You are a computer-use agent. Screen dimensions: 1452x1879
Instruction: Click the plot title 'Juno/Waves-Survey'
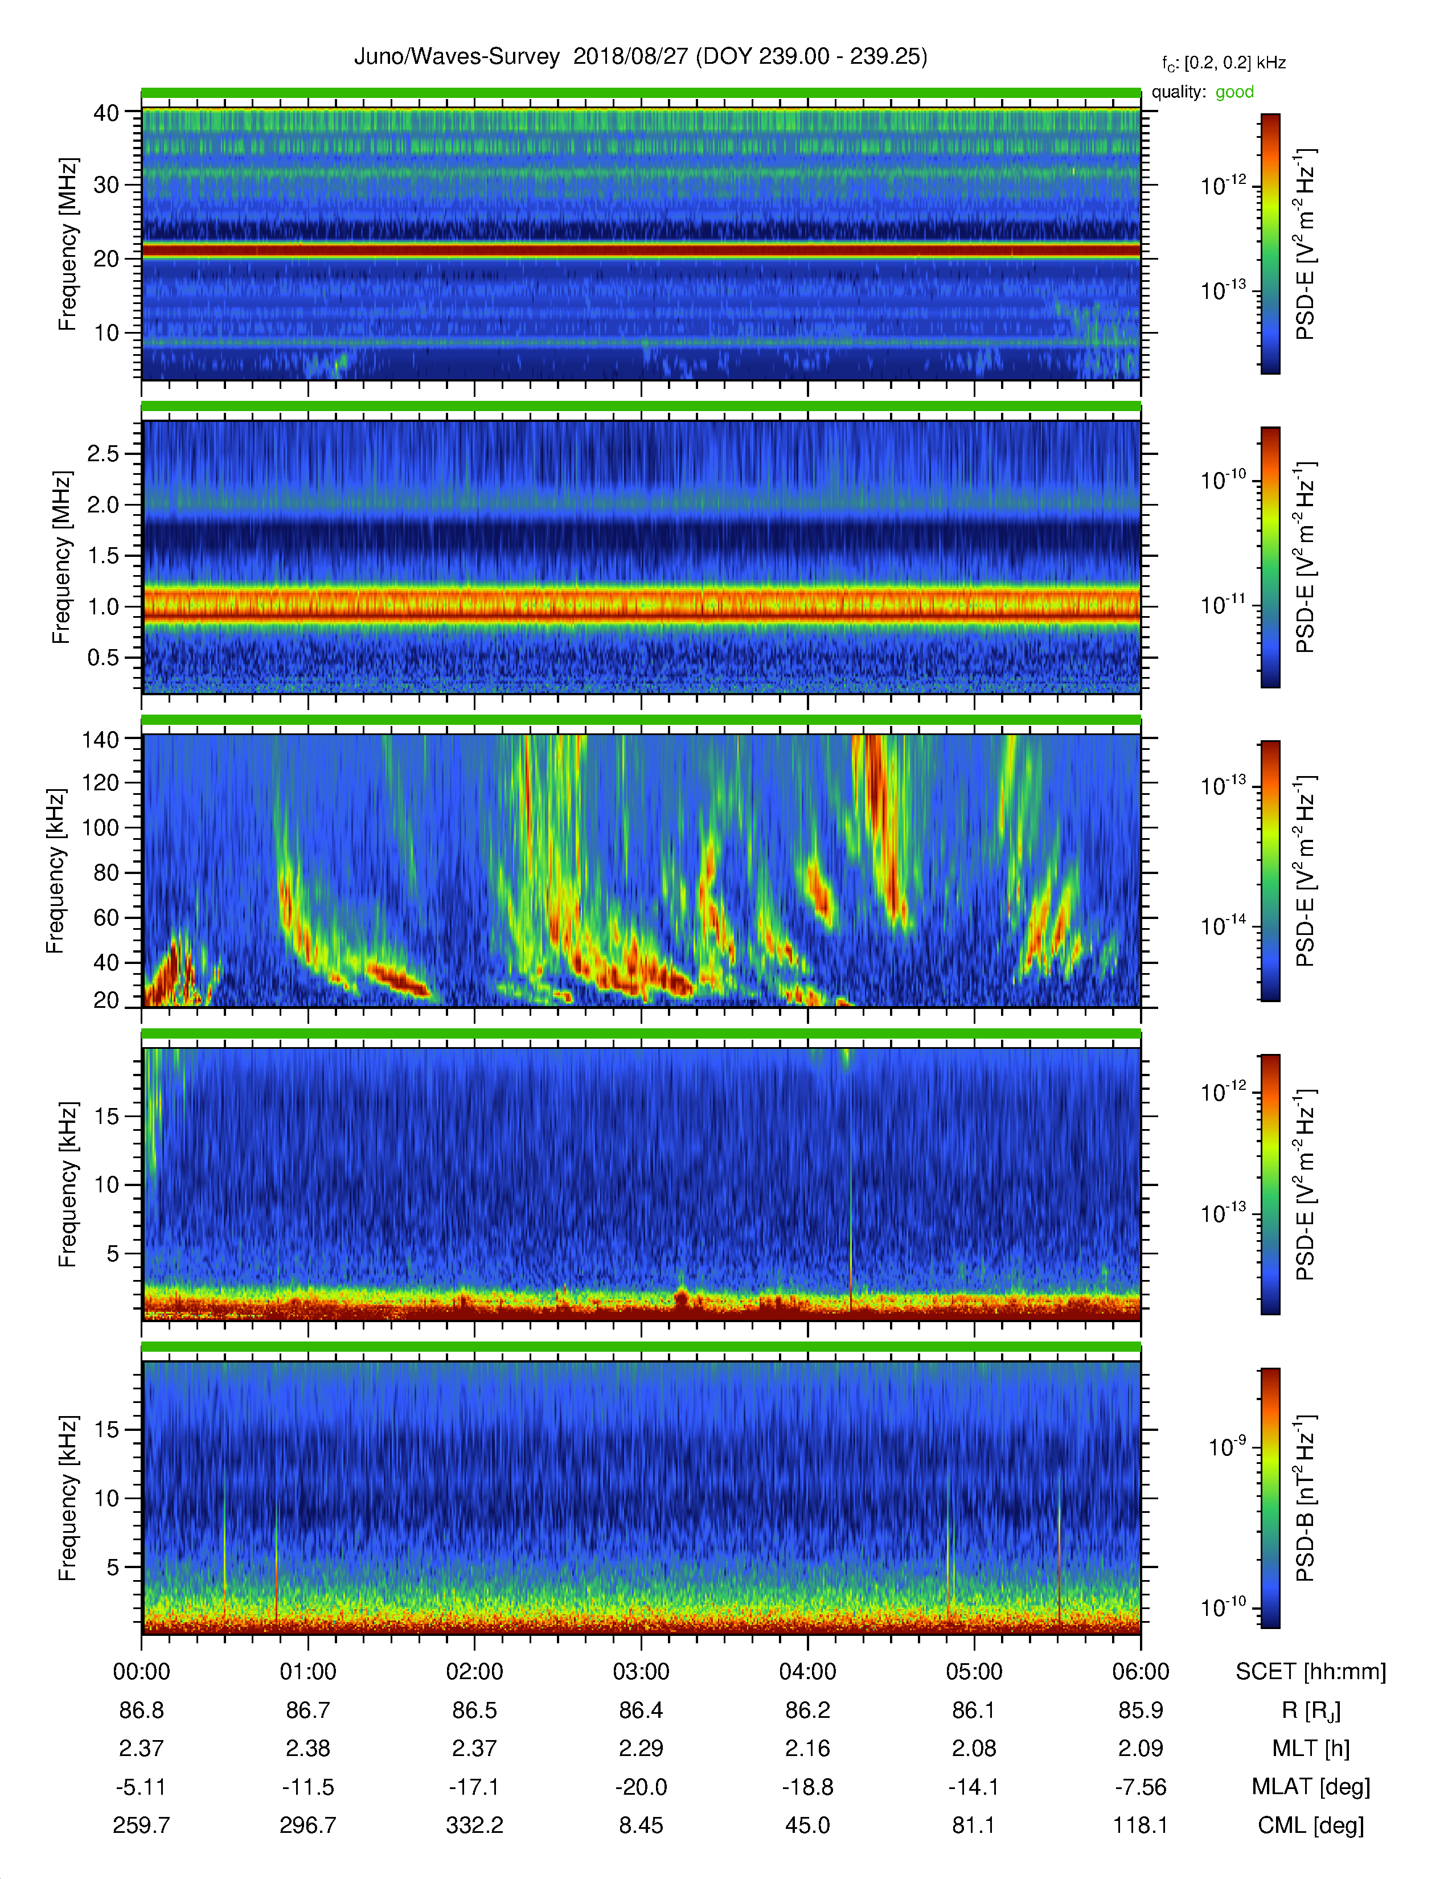457,57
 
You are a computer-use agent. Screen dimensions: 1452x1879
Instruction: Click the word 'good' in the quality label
1234,92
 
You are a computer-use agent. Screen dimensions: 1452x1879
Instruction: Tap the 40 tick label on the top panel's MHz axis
106,113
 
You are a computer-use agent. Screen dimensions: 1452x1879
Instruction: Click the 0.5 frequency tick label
103,657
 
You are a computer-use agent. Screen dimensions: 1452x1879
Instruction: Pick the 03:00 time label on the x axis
641,1672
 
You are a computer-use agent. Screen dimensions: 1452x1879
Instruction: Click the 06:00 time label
1141,1672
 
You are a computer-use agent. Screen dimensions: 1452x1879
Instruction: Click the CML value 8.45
641,1825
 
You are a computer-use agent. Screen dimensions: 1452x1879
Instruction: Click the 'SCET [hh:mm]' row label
1311,1672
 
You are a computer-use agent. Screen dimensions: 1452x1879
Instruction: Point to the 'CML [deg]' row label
1311,1825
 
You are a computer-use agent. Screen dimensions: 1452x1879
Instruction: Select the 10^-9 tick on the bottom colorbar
1227,1446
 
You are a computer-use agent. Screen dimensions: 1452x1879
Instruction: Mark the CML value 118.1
1141,1825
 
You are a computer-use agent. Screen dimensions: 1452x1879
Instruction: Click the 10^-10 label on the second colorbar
1223,479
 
